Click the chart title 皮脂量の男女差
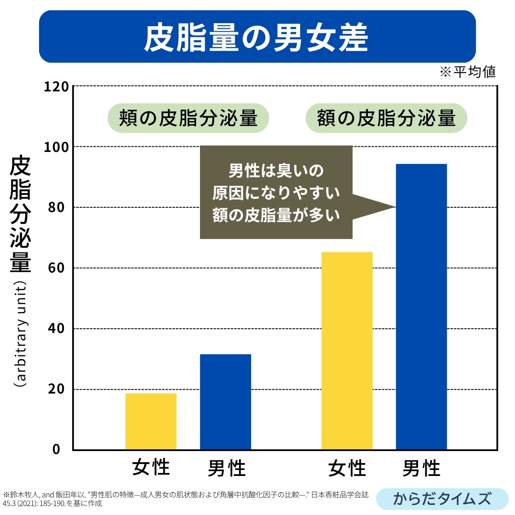coord(257,37)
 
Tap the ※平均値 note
coord(468,71)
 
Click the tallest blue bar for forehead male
coord(421,306)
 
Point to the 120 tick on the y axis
coord(56,87)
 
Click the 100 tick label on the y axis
coord(56,147)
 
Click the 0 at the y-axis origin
coord(56,449)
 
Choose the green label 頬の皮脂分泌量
coord(188,118)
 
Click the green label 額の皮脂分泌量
coord(386,118)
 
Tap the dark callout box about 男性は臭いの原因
coord(276,192)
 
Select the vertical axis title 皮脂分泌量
coord(20,215)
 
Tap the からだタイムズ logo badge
coord(442,499)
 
